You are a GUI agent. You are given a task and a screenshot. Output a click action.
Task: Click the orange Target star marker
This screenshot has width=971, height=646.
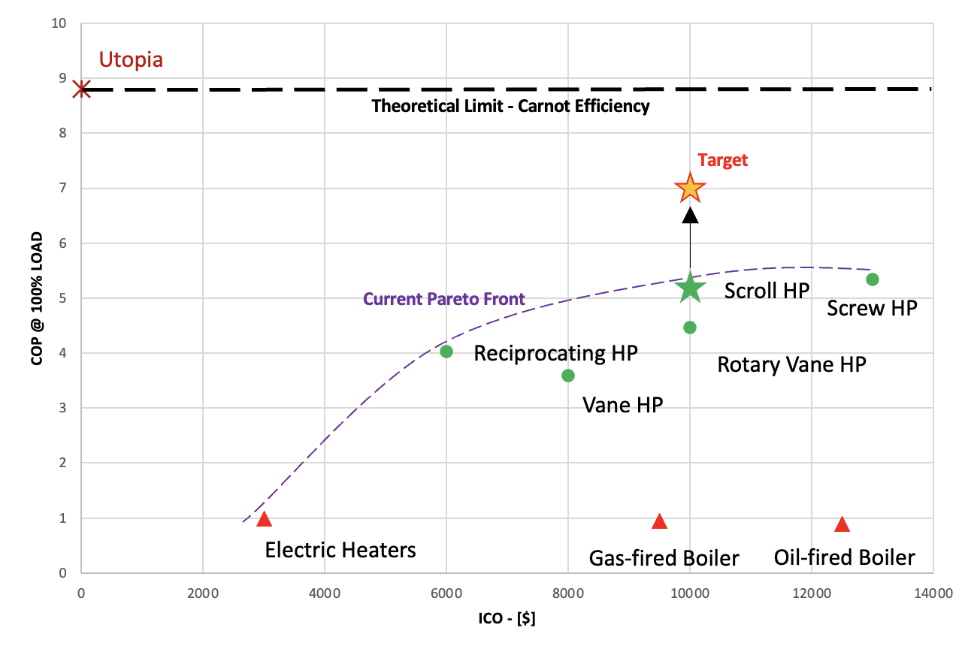coord(690,189)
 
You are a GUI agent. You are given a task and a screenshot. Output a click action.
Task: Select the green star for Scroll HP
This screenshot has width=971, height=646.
coord(690,288)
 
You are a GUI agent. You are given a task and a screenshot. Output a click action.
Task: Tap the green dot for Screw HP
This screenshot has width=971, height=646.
coord(873,279)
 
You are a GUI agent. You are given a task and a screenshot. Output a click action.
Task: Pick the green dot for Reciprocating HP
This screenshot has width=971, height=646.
coord(446,352)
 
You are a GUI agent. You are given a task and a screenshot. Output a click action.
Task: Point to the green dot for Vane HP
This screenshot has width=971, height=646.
coord(568,376)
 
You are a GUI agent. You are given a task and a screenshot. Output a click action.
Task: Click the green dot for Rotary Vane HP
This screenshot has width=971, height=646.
coord(690,328)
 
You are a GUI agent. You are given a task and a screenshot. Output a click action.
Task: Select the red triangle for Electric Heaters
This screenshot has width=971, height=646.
coord(264,519)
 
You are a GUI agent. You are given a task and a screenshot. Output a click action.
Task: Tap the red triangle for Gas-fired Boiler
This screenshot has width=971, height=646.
coord(660,521)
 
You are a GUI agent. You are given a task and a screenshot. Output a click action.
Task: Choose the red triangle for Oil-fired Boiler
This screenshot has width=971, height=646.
coord(842,524)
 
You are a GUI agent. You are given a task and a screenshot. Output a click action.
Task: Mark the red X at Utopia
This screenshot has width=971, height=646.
coord(82,89)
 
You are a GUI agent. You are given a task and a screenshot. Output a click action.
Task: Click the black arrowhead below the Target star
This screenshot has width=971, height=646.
coord(690,216)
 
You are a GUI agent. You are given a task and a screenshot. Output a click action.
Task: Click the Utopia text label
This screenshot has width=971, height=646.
coord(131,60)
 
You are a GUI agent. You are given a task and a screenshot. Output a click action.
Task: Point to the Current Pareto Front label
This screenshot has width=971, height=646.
coord(444,299)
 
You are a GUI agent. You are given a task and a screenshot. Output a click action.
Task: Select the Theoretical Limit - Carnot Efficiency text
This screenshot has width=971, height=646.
coord(510,106)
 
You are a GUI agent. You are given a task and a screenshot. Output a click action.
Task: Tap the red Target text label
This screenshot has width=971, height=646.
coord(723,160)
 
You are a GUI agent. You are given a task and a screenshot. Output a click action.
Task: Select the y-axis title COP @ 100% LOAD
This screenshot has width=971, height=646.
coord(36,299)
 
